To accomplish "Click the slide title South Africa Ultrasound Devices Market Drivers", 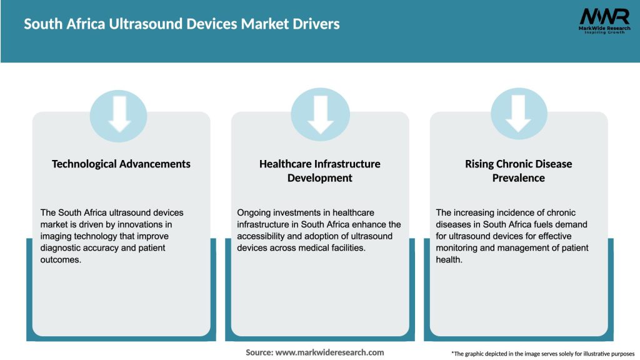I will pos(182,24).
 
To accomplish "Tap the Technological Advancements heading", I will pos(121,164).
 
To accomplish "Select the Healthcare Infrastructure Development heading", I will pos(320,171).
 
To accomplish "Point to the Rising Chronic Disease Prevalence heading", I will pos(518,171).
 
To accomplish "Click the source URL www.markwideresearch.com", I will pos(330,352).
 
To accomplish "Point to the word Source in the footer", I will pos(259,352).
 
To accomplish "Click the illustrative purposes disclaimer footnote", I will pos(542,353).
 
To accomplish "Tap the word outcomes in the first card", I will pos(62,260).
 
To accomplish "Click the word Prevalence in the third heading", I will pos(518,178).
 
